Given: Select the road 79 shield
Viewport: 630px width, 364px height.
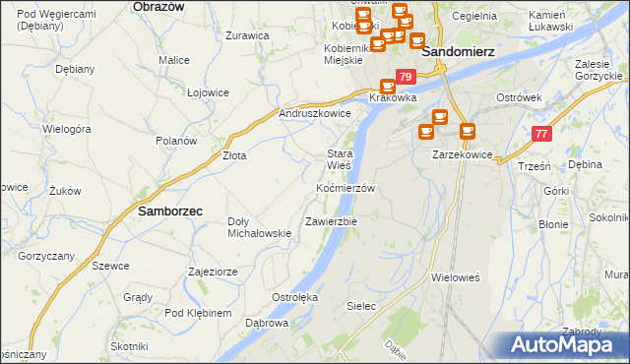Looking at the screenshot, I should [404, 76].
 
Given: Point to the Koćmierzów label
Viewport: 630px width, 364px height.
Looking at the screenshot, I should [346, 187].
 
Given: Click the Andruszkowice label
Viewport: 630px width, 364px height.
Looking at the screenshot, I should [315, 113].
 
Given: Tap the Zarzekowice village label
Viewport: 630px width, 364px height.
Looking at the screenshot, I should [462, 155].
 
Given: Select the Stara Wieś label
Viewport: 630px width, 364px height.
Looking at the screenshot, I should [340, 159].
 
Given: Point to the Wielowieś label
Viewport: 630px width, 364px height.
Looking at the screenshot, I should [455, 277].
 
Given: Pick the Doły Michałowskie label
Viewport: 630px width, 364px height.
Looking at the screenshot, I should [259, 227].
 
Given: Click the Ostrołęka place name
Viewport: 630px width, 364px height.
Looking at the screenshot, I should [293, 296].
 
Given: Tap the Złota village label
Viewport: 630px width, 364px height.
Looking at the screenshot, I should [234, 155].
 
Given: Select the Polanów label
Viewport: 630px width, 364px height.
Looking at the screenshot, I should [176, 141].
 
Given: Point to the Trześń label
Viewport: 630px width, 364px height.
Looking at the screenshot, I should [533, 166].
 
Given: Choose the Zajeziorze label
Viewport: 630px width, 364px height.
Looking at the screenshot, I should [213, 271].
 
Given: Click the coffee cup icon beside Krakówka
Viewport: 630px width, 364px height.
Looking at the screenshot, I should [387, 86].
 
